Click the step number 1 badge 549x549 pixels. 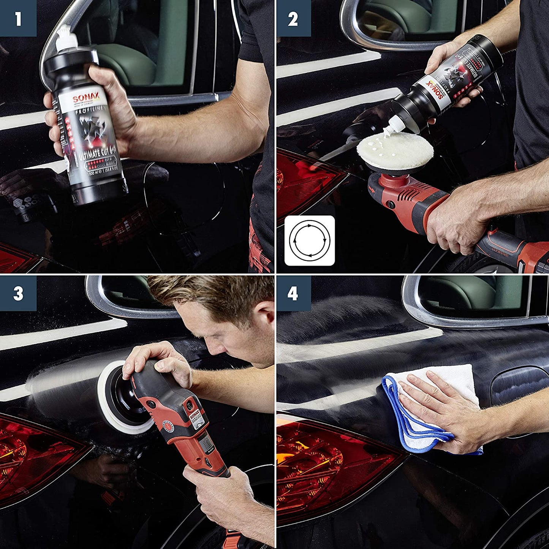point(18,18)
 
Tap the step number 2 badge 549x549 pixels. point(293,18)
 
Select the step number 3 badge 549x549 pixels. point(18,293)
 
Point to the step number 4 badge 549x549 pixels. point(293,293)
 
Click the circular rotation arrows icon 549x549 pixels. point(310,240)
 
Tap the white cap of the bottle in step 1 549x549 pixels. point(66,40)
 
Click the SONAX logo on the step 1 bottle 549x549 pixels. point(85,98)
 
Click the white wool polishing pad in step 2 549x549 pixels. point(395,151)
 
